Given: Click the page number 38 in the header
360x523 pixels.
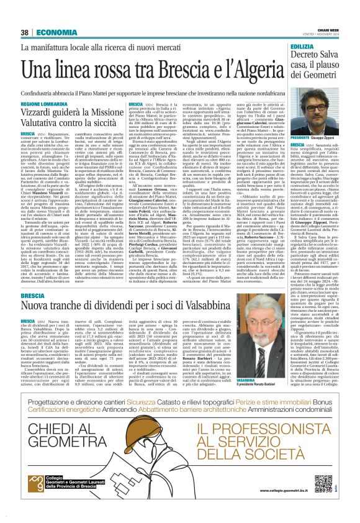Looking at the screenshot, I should coord(25,32).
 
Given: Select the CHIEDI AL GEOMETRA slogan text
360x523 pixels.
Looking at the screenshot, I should coord(71,455).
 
